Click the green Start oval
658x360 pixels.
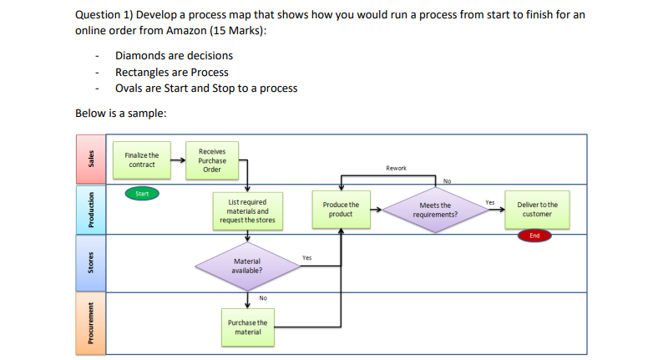coord(143,194)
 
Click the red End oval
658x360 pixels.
coord(534,236)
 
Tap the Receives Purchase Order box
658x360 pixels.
coord(212,160)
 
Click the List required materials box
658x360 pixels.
coord(247,211)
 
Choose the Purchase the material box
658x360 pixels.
coord(247,327)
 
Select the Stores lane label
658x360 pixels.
coord(94,263)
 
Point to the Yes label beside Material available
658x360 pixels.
coord(306,258)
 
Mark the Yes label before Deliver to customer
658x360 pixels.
coord(490,201)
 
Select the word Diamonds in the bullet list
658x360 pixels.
coord(139,55)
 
